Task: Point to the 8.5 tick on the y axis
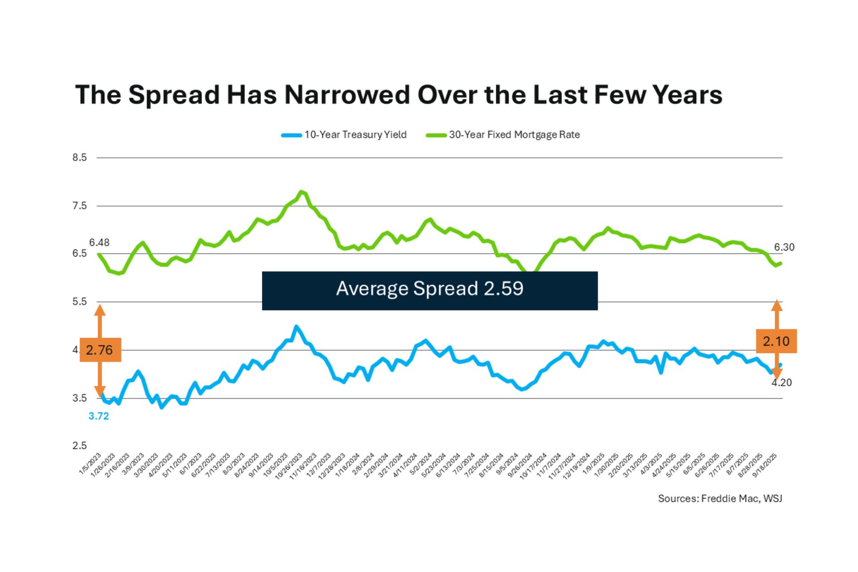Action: (80, 157)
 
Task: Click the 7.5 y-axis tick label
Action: (80, 206)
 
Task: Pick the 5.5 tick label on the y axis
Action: (80, 302)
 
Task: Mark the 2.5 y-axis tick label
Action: (80, 446)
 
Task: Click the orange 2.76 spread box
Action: (100, 350)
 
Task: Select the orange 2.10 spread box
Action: (776, 341)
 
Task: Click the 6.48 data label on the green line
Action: (99, 243)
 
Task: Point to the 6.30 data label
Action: (784, 247)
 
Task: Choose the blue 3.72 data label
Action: (98, 416)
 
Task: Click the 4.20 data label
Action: (782, 383)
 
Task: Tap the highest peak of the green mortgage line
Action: (302, 192)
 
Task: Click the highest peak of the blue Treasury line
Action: (296, 327)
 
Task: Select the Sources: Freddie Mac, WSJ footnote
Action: (720, 498)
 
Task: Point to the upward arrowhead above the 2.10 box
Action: (777, 306)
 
